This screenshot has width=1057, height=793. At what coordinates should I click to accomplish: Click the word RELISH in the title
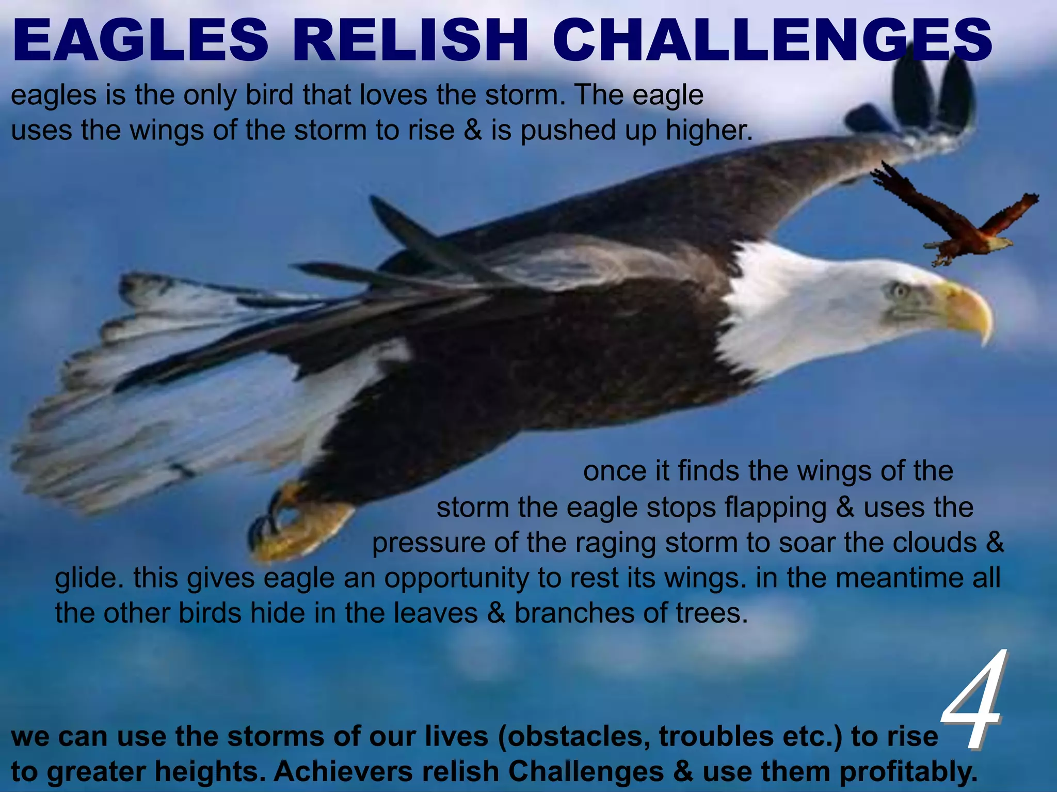pos(413,40)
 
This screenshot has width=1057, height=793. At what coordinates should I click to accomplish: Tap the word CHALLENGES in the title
pos(772,40)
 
